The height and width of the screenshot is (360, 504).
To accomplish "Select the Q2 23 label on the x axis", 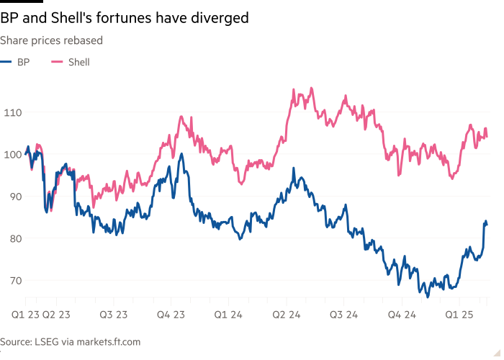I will (55, 315).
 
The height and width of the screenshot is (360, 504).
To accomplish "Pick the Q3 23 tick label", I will (113, 315).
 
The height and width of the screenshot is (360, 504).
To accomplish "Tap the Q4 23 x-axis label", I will (171, 315).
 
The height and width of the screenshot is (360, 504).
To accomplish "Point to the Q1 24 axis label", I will (229, 315).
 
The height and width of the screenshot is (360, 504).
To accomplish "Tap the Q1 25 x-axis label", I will (459, 315).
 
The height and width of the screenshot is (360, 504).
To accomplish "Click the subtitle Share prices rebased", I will (51, 40).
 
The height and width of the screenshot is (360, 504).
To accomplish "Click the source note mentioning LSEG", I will (70, 342).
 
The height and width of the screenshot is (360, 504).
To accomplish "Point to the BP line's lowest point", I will (427, 296).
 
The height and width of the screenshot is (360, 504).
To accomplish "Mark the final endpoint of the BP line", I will (487, 223).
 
